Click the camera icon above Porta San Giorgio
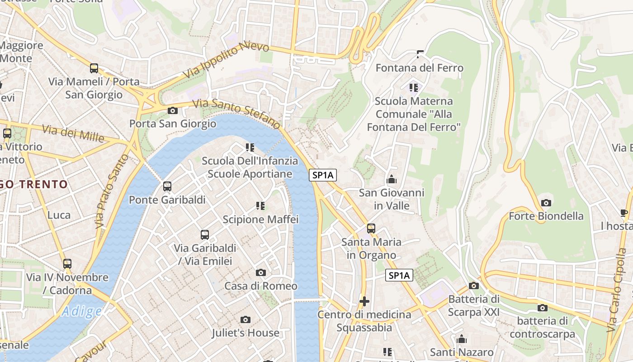(x=172, y=110)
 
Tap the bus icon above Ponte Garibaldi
(x=167, y=186)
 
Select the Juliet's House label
(x=246, y=333)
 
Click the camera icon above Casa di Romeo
(x=261, y=272)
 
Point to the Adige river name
(x=82, y=311)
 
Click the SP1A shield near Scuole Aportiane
(x=323, y=175)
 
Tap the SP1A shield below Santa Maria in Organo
(x=399, y=275)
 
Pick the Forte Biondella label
(x=546, y=216)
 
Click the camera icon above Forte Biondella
(x=546, y=203)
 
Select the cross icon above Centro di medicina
(x=364, y=301)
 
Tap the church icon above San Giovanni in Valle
(x=392, y=180)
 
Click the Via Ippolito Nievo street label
(x=226, y=60)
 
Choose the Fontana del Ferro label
(x=420, y=68)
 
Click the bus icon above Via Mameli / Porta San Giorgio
(x=94, y=68)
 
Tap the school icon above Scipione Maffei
(x=260, y=206)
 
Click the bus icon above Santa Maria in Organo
(x=371, y=229)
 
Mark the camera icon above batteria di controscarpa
(x=542, y=308)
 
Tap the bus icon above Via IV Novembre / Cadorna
(x=67, y=264)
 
